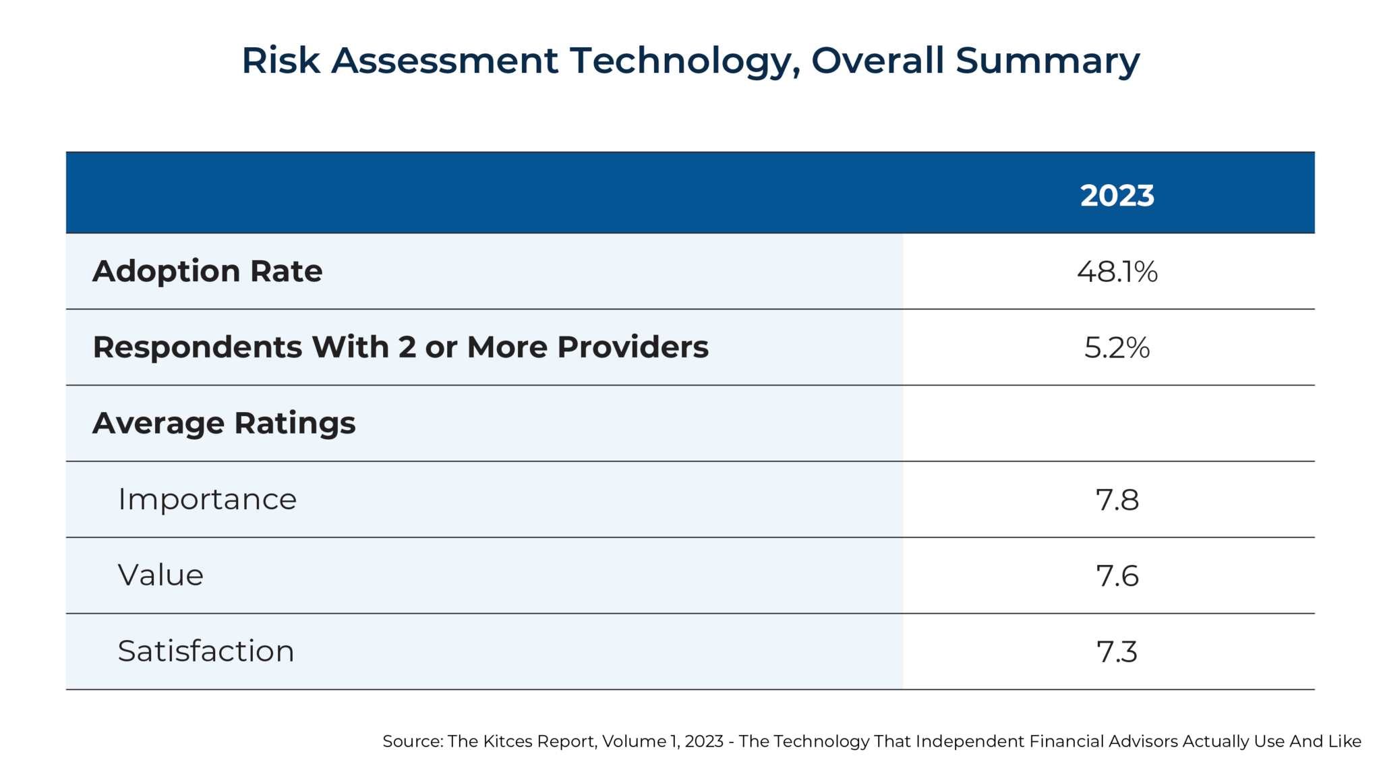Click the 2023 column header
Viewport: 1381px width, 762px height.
pyautogui.click(x=1117, y=196)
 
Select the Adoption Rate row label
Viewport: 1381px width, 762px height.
pyautogui.click(x=208, y=271)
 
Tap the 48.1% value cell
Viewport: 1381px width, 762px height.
pyautogui.click(x=1117, y=272)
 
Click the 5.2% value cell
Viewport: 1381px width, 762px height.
pyautogui.click(x=1117, y=348)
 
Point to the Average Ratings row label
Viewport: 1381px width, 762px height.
pyautogui.click(x=224, y=423)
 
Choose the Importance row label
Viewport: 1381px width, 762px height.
pyautogui.click(x=207, y=500)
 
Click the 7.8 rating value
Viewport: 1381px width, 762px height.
pyautogui.click(x=1117, y=500)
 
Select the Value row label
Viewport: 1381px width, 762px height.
pyautogui.click(x=160, y=576)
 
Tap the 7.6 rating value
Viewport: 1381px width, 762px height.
pyautogui.click(x=1117, y=577)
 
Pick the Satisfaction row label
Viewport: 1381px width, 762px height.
pyautogui.click(x=206, y=651)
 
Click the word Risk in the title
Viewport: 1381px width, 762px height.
pyautogui.click(x=281, y=61)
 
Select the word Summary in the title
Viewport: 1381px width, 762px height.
pyautogui.click(x=1047, y=61)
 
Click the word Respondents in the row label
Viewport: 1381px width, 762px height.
pyautogui.click(x=198, y=347)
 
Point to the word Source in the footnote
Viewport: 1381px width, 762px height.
pyautogui.click(x=411, y=742)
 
